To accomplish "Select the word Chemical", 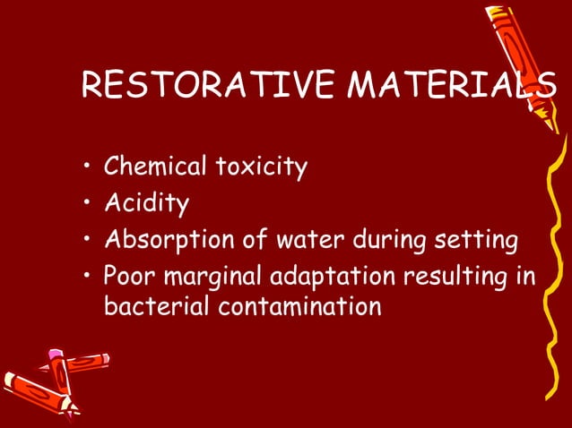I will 156,167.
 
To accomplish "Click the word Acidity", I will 146,204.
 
